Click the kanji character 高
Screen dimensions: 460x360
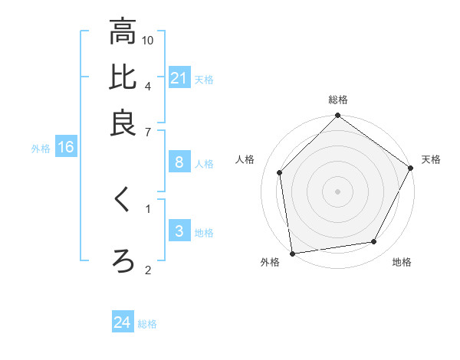[122, 32]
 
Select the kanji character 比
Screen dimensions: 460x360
[122, 77]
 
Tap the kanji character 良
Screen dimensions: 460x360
[122, 123]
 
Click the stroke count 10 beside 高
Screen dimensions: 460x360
[149, 39]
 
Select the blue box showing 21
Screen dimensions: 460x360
[179, 78]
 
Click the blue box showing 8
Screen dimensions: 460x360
[179, 162]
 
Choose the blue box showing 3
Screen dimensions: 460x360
[179, 231]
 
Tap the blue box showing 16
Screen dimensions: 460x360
[65, 148]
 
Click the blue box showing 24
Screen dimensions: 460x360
[123, 323]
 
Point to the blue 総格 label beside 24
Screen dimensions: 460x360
[147, 324]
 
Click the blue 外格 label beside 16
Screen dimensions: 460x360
[41, 149]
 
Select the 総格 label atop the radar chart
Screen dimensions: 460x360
[338, 100]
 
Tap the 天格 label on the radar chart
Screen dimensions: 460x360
[431, 159]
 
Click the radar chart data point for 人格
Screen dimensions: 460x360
[280, 172]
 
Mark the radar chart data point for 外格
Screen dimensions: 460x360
[292, 253]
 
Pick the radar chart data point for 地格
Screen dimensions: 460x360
[374, 242]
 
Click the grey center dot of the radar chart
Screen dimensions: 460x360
[337, 191]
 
